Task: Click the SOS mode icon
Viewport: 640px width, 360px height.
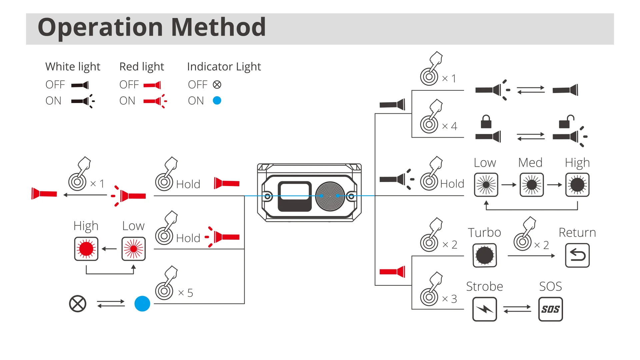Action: click(x=550, y=309)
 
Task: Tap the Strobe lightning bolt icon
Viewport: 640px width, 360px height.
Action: click(x=485, y=309)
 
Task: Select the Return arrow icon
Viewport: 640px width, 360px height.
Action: click(x=577, y=255)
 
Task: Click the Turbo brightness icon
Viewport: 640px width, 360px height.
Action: click(x=485, y=255)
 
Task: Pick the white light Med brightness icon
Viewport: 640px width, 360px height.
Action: click(x=532, y=185)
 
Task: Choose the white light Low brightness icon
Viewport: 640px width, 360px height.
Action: click(x=486, y=185)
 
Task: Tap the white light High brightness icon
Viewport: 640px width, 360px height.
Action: click(x=577, y=185)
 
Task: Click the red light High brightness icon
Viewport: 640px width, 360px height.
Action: click(x=86, y=249)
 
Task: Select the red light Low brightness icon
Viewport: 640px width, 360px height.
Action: click(x=133, y=249)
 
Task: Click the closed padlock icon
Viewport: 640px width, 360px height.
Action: click(x=486, y=122)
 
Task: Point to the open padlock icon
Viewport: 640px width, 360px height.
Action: click(x=566, y=122)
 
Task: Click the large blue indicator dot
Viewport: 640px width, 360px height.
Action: click(x=142, y=304)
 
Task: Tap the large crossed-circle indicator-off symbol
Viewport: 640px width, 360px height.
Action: click(x=78, y=304)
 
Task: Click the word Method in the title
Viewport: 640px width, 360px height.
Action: click(x=218, y=27)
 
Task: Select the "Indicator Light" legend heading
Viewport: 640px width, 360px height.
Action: click(x=224, y=67)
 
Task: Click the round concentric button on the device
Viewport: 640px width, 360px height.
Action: click(x=330, y=196)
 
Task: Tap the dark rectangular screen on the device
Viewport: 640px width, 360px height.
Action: click(x=295, y=196)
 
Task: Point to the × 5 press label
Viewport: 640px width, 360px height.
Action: click(x=186, y=293)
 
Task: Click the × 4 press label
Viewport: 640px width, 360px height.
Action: click(x=449, y=126)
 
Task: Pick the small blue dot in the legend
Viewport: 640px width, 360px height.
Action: click(x=217, y=100)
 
